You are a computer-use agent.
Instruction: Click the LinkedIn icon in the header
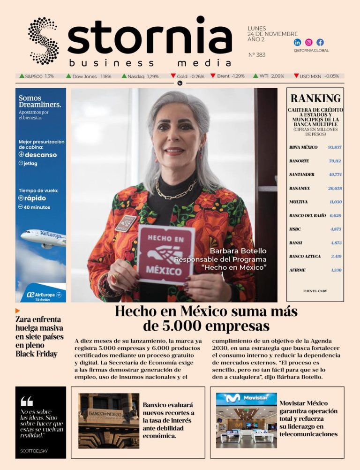pyautogui.click(x=297, y=42)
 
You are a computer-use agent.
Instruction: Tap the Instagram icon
pyautogui.click(x=309, y=42)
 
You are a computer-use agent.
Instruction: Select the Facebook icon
pyautogui.click(x=320, y=42)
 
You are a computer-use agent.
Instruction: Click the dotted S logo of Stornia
pyautogui.click(x=43, y=41)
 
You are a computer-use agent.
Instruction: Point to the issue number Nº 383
pyautogui.click(x=256, y=55)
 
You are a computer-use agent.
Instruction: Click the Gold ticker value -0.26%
pyautogui.click(x=197, y=76)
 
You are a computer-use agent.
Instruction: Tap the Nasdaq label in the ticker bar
pyautogui.click(x=136, y=76)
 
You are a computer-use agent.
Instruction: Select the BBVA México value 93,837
pyautogui.click(x=335, y=147)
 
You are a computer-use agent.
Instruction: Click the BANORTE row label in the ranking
pyautogui.click(x=299, y=161)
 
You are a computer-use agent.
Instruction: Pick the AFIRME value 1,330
pyautogui.click(x=336, y=270)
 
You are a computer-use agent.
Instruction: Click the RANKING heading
pyautogui.click(x=315, y=99)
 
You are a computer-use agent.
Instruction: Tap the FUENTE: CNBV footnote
pyautogui.click(x=315, y=291)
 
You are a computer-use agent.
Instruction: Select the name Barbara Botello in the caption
pyautogui.click(x=238, y=251)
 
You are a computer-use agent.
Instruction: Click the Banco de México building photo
pyautogui.click(x=108, y=420)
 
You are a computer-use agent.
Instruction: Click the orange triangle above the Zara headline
pyautogui.click(x=18, y=311)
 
